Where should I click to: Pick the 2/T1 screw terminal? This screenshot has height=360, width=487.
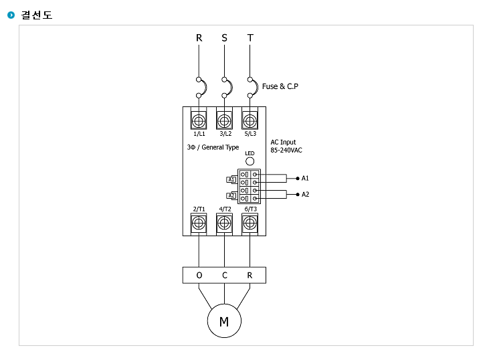coord(199,223)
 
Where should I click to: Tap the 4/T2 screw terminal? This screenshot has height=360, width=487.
coord(224,223)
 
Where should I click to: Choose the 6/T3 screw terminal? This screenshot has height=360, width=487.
coord(250,223)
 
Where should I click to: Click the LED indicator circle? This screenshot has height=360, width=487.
coord(250,161)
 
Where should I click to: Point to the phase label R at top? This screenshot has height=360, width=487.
coord(199,38)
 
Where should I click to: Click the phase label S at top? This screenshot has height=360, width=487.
coord(224,38)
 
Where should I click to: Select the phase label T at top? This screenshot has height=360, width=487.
coord(250,38)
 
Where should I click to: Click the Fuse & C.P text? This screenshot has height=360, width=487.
coord(280,86)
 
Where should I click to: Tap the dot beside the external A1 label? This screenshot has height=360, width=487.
coord(298,178)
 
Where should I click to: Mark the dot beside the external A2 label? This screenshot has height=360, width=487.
coord(298,195)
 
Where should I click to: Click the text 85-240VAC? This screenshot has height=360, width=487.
coord(286,151)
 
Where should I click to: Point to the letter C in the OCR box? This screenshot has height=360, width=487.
coord(225,275)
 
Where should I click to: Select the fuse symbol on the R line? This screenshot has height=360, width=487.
coord(201,88)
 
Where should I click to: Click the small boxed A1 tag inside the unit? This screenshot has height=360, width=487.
coord(231,179)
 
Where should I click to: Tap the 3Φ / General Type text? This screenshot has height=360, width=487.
coord(213,147)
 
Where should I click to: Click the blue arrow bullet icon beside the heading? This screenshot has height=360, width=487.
coord(11,15)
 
